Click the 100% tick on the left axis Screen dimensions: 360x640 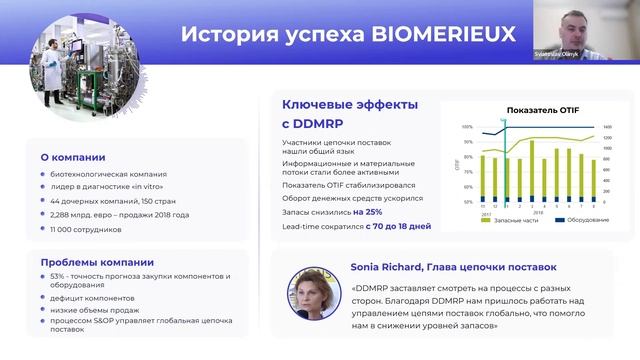coord(467,127)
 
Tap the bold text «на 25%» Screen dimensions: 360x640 coord(367,212)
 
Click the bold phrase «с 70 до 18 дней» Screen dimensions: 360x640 coord(398,227)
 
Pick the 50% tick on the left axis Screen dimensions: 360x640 coord(468,202)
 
